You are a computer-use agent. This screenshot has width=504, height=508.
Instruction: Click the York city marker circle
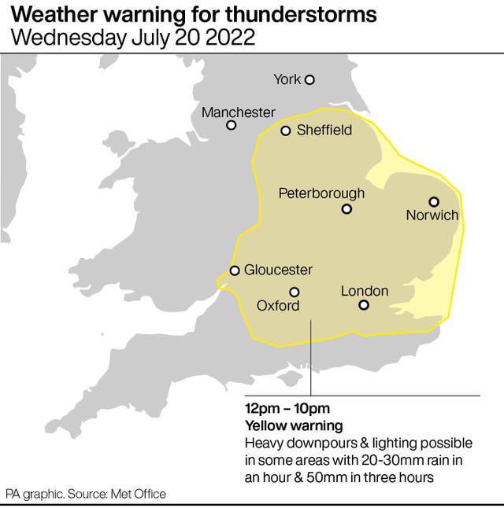[309, 79]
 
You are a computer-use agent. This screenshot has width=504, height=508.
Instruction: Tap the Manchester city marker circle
[232, 125]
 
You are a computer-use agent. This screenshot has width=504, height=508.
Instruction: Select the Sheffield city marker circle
[286, 131]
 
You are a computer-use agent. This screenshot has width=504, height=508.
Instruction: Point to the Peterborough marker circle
[346, 209]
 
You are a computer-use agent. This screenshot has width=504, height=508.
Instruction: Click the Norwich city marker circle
[433, 201]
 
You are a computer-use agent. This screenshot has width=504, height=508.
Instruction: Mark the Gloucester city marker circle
[235, 271]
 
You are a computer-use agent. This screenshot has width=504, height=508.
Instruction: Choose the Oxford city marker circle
[295, 292]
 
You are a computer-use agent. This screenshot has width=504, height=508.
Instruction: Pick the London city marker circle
[364, 305]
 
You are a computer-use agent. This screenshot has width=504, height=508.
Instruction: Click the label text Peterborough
[321, 193]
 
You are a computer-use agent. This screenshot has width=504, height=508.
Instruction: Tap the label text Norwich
[432, 215]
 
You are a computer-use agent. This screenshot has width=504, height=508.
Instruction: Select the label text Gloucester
[278, 271]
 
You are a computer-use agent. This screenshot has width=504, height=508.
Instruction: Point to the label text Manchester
[239, 112]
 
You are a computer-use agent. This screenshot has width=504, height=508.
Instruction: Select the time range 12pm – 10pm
[287, 408]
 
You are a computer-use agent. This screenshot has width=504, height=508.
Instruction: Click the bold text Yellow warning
[294, 425]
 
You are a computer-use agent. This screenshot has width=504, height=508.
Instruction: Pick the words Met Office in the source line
[142, 494]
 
